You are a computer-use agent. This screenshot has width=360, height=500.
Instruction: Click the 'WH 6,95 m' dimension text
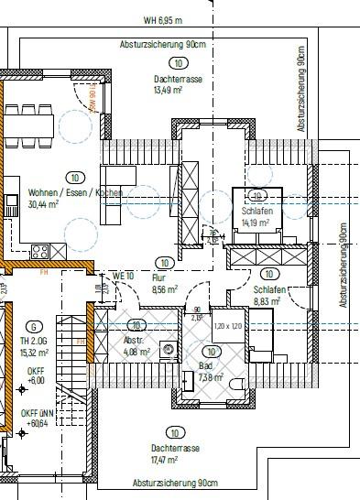coord(162,19)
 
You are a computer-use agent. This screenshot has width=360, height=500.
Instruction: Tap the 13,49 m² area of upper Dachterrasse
coord(170,91)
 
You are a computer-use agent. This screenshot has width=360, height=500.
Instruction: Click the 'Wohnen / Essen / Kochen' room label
coord(75,193)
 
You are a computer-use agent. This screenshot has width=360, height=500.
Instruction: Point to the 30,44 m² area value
coord(43,205)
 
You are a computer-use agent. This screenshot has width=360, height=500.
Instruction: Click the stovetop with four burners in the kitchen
coord(41,250)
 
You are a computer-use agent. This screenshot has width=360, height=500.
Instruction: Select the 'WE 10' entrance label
coord(124,276)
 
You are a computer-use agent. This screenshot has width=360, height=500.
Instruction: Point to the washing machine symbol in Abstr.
coord(168,349)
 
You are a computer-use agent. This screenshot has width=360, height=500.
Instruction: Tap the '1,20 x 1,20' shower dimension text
coord(227,326)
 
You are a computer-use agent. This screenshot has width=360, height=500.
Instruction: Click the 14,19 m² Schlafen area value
coord(255,223)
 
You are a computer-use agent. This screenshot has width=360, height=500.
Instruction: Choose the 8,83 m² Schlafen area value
coord(267,300)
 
